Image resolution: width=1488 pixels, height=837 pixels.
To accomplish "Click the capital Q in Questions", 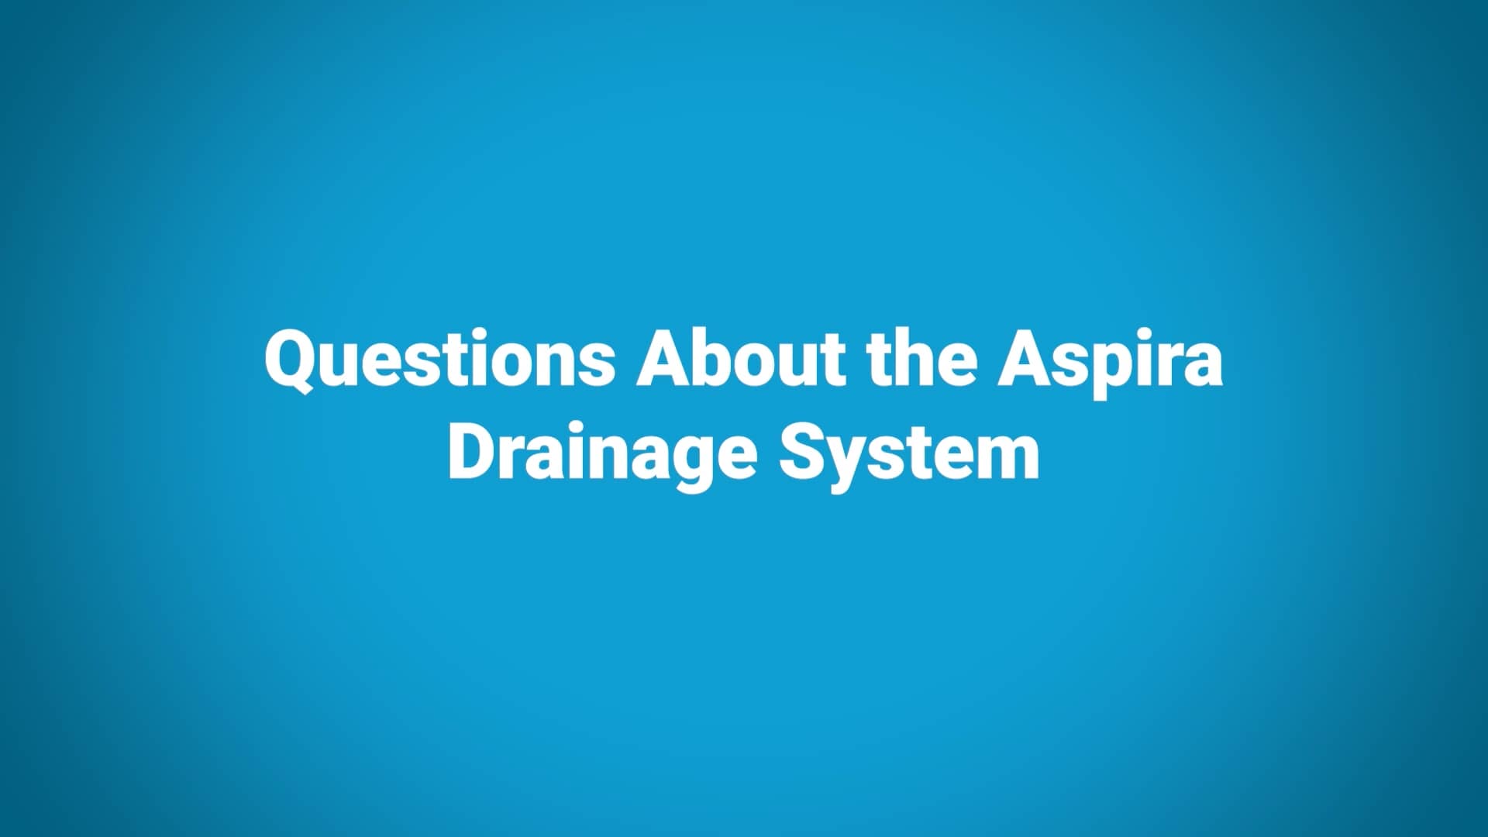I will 290,360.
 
